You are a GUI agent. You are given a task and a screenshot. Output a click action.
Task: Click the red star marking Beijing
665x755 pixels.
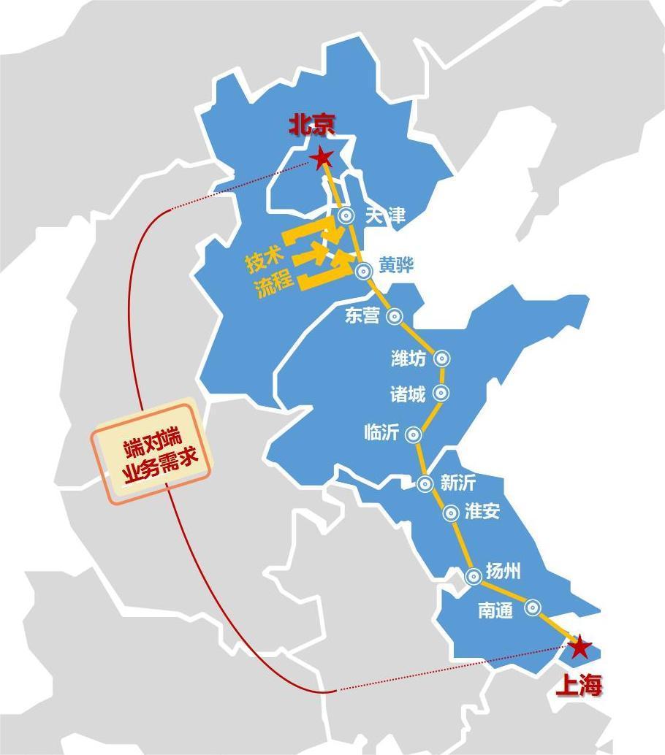[x=321, y=158]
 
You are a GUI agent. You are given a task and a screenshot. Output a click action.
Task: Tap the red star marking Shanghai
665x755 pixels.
[x=579, y=647]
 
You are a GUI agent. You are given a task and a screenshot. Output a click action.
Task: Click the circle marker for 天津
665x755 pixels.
[x=346, y=215]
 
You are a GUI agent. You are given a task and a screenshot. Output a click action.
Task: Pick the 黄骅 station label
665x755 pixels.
[x=396, y=266]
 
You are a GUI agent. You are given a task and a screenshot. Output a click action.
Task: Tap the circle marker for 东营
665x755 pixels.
[x=395, y=316]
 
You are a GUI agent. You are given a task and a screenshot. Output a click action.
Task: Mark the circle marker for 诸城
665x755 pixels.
[x=441, y=393]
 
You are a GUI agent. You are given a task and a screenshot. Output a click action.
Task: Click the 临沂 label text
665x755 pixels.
[x=381, y=432]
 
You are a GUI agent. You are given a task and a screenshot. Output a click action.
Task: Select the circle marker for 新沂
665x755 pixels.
[x=425, y=483]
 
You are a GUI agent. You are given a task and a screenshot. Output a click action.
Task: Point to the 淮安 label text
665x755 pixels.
[x=482, y=511]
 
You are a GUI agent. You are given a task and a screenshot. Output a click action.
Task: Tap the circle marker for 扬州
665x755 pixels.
[x=473, y=576]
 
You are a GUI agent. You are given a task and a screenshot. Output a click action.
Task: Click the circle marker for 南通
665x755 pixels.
[x=533, y=607]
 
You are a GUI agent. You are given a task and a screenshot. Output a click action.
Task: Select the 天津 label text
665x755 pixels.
[x=384, y=215]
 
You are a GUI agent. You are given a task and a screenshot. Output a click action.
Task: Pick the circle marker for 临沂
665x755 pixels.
[x=413, y=434]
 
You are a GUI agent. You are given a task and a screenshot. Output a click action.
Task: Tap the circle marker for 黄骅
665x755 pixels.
[x=363, y=271]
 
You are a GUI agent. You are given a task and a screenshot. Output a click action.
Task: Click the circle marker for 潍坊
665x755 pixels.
[x=441, y=359]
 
